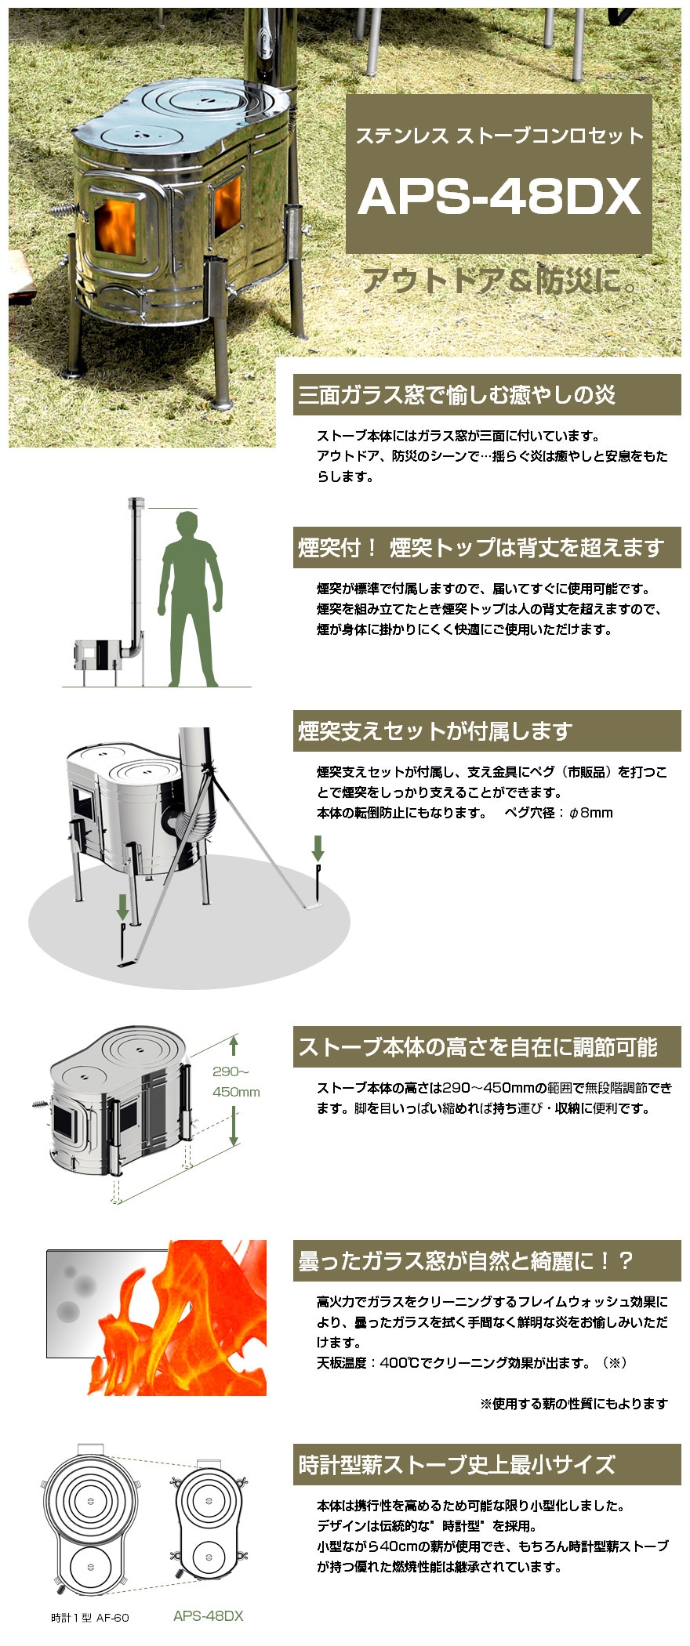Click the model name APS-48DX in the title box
(x=499, y=196)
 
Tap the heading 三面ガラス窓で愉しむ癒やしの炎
(x=456, y=394)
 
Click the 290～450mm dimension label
(x=235, y=1082)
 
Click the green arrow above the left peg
(x=123, y=908)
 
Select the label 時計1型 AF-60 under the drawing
(x=90, y=1617)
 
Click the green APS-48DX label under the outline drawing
(x=209, y=1615)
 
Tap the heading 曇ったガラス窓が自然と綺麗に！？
(x=465, y=1261)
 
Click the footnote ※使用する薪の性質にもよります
(x=574, y=1403)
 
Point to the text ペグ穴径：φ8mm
(x=558, y=813)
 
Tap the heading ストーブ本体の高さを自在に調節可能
(x=477, y=1046)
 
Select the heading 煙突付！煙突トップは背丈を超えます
(x=481, y=547)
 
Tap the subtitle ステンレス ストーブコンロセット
(x=499, y=136)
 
